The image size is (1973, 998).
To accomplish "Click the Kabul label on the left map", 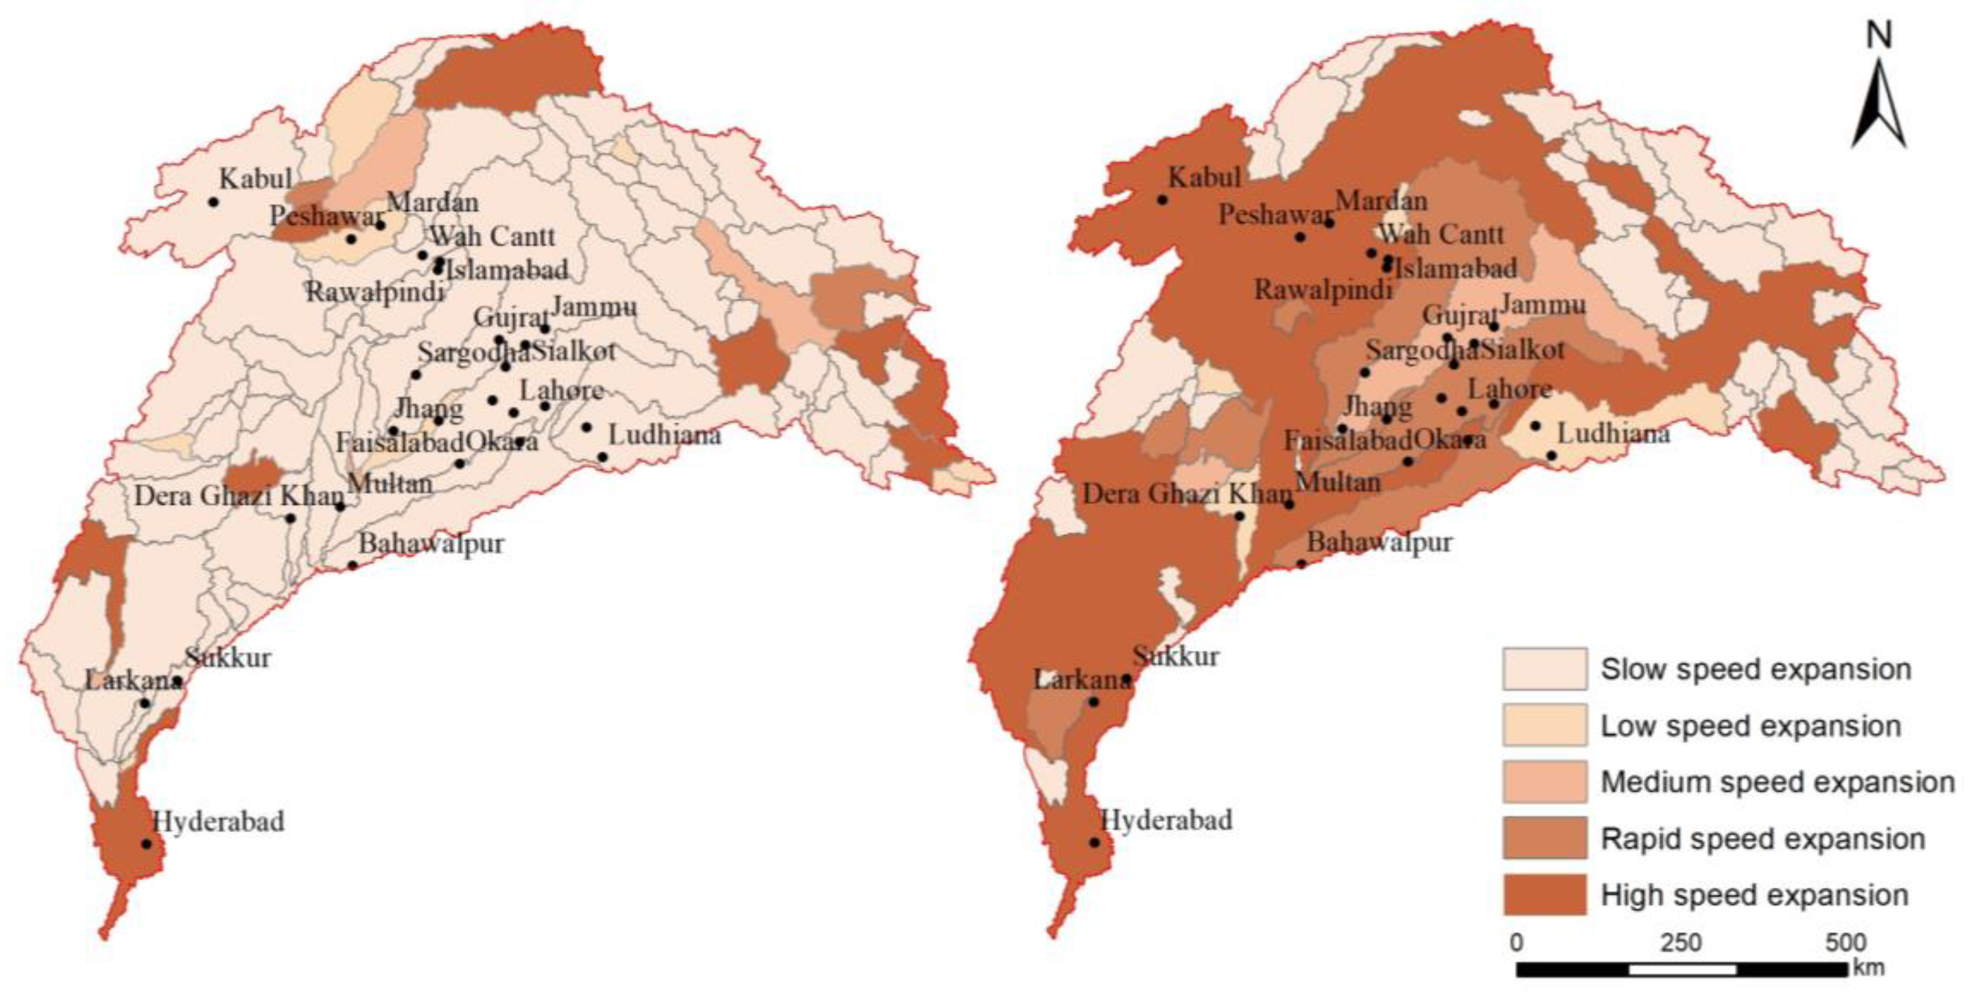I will (x=255, y=179).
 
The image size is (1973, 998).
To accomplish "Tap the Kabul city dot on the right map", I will (x=1162, y=200).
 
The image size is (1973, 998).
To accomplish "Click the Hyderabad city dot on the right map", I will (x=1094, y=843).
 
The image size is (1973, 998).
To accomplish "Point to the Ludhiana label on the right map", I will (x=1613, y=434).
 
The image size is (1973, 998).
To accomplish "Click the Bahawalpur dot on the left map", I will (x=352, y=565).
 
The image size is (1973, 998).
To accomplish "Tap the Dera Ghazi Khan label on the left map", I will (x=239, y=496).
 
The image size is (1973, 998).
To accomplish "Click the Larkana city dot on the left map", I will (x=145, y=703).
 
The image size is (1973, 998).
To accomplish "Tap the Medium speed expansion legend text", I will (x=1777, y=782).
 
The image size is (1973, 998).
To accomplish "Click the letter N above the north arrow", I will (x=1878, y=35).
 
